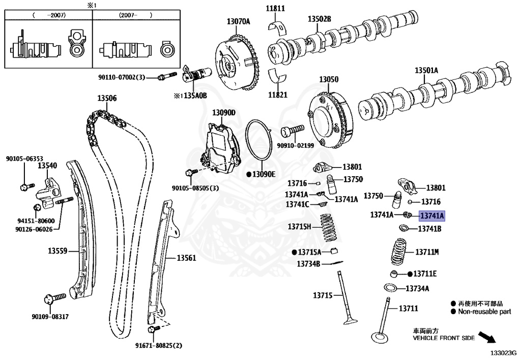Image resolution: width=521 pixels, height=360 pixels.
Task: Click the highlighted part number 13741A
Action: (x=431, y=216)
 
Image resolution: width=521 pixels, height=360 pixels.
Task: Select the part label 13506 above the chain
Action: (x=107, y=98)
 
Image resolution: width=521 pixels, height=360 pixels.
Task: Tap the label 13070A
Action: (x=239, y=21)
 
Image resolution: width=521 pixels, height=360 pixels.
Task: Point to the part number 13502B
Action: (x=319, y=19)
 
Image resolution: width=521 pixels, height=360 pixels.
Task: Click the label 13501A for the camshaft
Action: (x=426, y=70)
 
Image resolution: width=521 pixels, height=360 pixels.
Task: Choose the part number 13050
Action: (x=329, y=80)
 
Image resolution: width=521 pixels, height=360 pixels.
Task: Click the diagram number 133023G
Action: (x=503, y=352)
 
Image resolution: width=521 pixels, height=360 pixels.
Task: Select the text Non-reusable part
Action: (x=484, y=312)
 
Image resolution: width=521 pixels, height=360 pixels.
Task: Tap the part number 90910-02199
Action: (x=295, y=145)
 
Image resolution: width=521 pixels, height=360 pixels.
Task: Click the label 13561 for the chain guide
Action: (x=186, y=258)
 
